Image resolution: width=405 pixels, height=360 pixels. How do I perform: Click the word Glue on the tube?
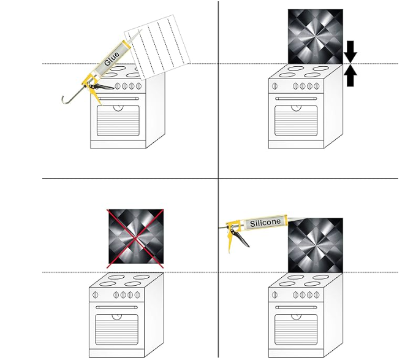112,58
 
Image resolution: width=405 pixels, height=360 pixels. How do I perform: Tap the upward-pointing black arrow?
350,75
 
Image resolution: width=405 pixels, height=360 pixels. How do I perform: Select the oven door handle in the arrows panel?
297,98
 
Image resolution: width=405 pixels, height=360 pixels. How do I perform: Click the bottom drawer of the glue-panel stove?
118,144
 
